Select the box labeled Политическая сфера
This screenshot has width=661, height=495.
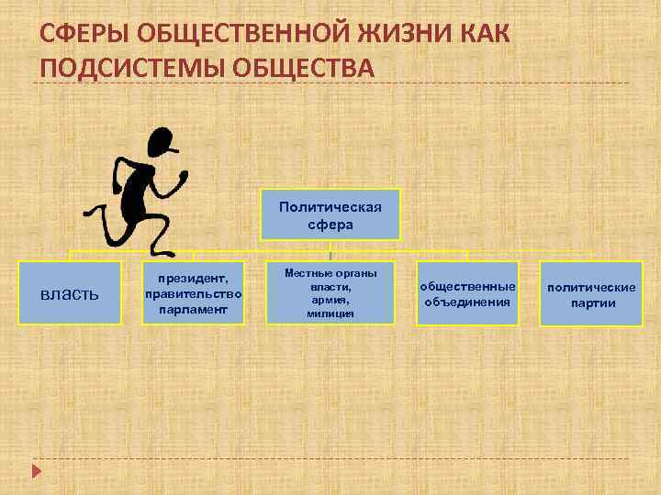[x=330, y=214]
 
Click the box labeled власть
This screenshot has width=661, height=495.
[x=74, y=293]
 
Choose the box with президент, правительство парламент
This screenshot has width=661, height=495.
[x=194, y=293]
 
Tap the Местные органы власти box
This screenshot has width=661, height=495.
[x=330, y=293]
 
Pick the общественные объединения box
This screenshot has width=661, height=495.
[x=467, y=293]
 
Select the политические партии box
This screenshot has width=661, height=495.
[x=591, y=293]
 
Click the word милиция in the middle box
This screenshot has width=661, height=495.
[x=330, y=313]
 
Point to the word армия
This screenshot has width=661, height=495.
[x=330, y=300]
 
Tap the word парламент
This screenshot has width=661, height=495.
[x=194, y=308]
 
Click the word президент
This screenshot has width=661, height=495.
[x=194, y=276]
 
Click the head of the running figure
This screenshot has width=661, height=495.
[x=162, y=143]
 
